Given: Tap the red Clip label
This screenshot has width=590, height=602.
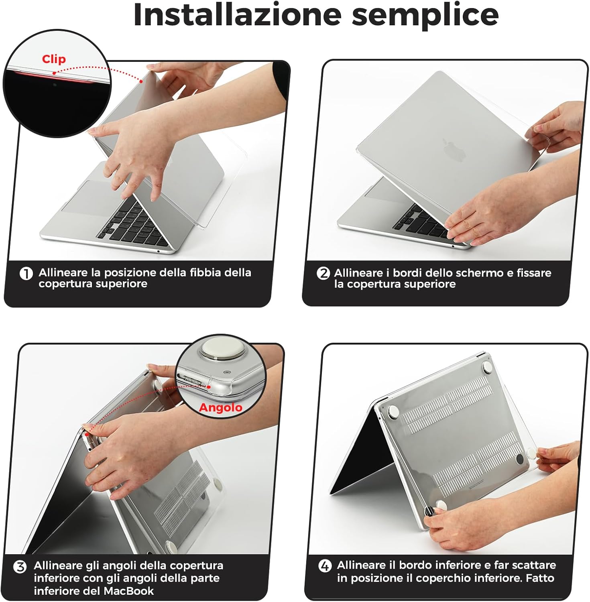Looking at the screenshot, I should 54,59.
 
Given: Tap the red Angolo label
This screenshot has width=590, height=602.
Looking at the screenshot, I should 220,408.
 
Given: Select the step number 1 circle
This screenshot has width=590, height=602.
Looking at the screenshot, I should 26,274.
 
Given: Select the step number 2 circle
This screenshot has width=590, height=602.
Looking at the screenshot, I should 323,274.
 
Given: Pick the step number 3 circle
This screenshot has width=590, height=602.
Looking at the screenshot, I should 20,567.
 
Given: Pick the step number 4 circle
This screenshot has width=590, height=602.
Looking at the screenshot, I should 325,566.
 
